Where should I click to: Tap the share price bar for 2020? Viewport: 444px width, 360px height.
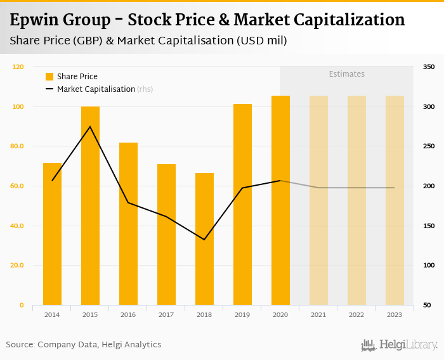pos(280,200)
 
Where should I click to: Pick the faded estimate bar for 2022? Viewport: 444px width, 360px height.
pos(356,200)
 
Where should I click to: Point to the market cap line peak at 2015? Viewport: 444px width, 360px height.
pos(90,127)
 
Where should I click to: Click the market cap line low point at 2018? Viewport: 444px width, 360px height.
pos(204,240)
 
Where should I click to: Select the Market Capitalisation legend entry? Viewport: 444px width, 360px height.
pos(95,89)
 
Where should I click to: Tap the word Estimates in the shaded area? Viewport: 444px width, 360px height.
pos(346,74)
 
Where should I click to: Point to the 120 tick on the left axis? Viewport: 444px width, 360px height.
pos(18,67)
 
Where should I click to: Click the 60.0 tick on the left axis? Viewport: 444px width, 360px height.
pos(17,186)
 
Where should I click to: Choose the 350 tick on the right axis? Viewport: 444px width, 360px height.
pos(429,67)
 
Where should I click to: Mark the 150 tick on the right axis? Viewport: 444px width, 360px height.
pos(429,226)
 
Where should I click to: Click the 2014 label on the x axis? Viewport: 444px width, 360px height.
pos(52,314)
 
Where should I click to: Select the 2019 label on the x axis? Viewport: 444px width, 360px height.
pos(242,314)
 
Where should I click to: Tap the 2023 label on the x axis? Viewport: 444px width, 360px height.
pos(395,314)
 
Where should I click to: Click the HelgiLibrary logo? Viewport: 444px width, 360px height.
pos(399,345)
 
